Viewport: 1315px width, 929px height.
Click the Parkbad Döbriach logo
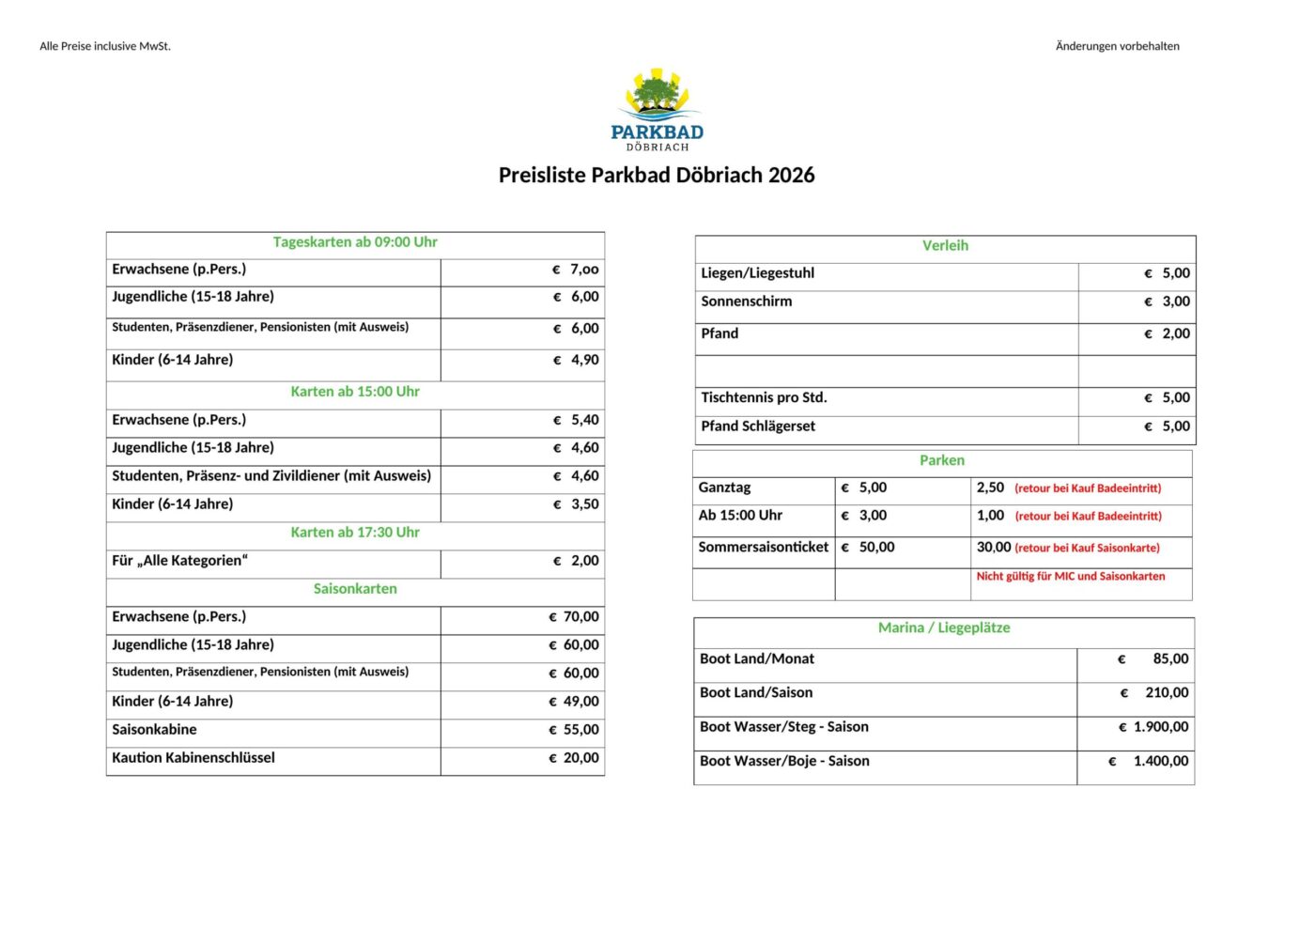pyautogui.click(x=657, y=110)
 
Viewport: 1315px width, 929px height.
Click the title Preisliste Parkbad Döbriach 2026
pyautogui.click(x=657, y=176)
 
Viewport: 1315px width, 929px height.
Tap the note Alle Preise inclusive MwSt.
pyautogui.click(x=105, y=46)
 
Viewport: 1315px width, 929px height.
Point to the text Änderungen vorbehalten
pyautogui.click(x=1117, y=46)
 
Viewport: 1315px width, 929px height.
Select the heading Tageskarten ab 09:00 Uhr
pyautogui.click(x=355, y=242)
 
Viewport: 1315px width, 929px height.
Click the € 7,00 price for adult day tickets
pyautogui.click(x=576, y=270)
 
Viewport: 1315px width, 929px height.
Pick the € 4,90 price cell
pyautogui.click(x=576, y=360)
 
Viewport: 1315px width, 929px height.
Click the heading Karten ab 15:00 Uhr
pyautogui.click(x=355, y=392)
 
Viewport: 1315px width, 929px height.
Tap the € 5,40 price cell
pyautogui.click(x=576, y=420)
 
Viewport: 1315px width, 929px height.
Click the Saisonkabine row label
pyautogui.click(x=155, y=730)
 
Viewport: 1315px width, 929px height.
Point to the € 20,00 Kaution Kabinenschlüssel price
pyautogui.click(x=574, y=758)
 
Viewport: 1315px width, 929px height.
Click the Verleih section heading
pyautogui.click(x=945, y=246)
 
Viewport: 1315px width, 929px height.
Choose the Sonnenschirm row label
pyautogui.click(x=747, y=302)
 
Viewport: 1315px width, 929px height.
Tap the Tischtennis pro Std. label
pyautogui.click(x=764, y=397)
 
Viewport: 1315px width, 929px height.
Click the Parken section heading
pyautogui.click(x=942, y=460)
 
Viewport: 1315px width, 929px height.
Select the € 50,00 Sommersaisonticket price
pyautogui.click(x=868, y=548)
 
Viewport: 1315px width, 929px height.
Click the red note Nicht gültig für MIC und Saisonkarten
pyautogui.click(x=1071, y=577)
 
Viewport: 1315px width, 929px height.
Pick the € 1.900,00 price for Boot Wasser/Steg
pyautogui.click(x=1153, y=727)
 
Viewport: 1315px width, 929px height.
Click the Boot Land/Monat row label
pyautogui.click(x=757, y=659)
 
